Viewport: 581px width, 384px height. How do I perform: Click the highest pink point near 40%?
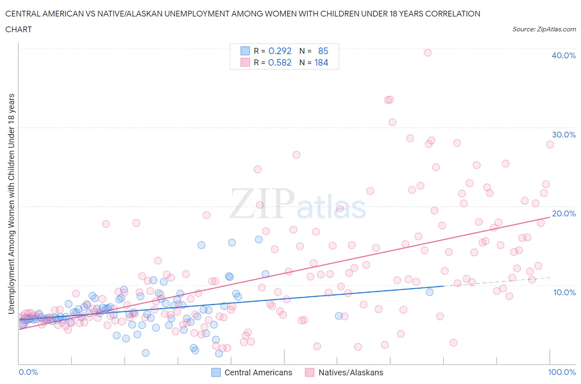[x=428, y=52]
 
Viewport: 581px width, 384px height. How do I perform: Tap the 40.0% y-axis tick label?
[x=563, y=55]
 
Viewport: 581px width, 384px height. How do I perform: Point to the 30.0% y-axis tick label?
[x=563, y=135]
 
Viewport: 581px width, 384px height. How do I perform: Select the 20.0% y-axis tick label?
[x=563, y=213]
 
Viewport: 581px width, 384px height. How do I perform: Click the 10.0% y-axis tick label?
[x=564, y=292]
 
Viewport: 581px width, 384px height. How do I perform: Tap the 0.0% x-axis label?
[x=28, y=372]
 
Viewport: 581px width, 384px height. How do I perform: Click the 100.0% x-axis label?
[x=562, y=372]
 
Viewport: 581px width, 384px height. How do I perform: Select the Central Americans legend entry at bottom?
[x=252, y=372]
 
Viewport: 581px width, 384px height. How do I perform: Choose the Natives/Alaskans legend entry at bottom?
[x=344, y=372]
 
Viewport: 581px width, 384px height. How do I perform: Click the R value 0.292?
[x=280, y=51]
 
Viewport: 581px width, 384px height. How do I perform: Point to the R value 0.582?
[x=280, y=62]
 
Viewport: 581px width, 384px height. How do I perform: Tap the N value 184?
[x=321, y=62]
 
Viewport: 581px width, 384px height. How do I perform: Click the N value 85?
[x=323, y=51]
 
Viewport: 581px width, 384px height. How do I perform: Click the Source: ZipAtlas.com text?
[x=544, y=29]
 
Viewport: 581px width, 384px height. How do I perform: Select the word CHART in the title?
[x=19, y=29]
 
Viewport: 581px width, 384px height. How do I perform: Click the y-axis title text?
[x=12, y=204]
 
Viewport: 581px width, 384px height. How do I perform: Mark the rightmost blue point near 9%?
[x=430, y=292]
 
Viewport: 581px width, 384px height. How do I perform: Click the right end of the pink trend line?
[x=550, y=217]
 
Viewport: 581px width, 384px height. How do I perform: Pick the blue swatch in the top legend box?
[x=245, y=51]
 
